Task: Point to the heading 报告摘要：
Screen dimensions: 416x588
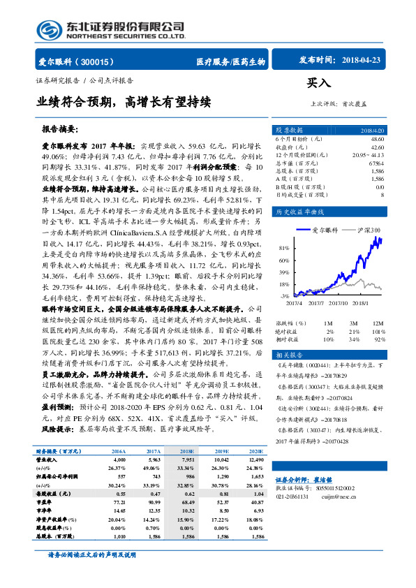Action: (61, 130)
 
